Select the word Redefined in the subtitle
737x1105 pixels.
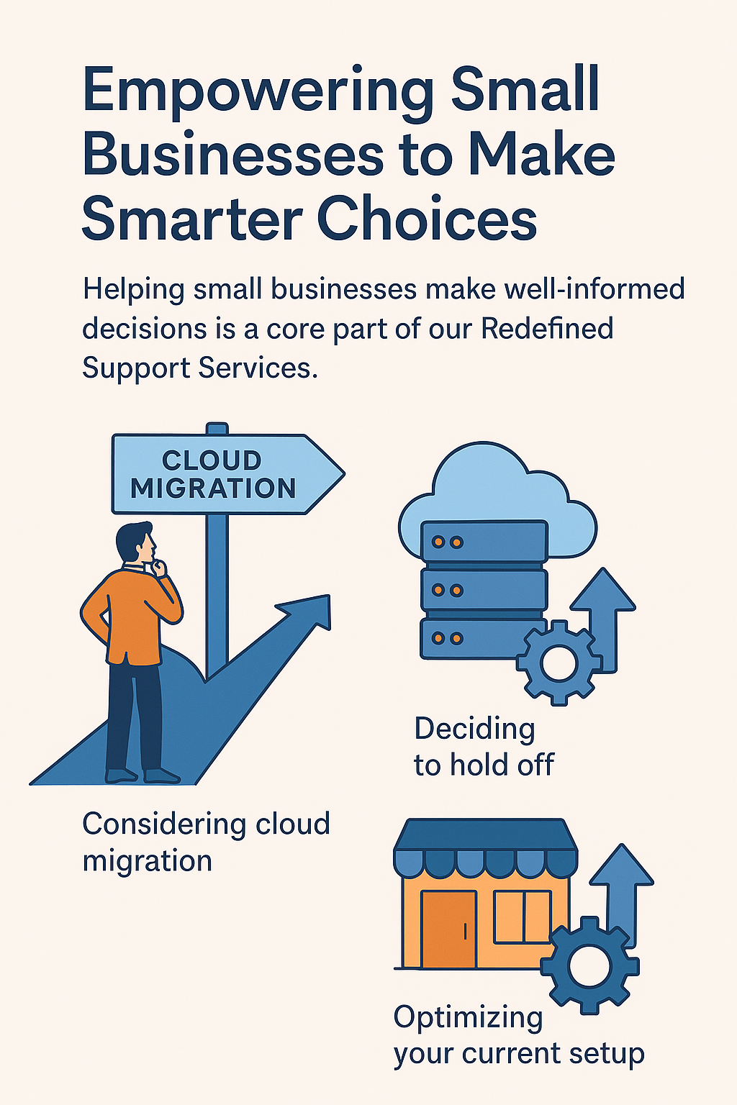coord(547,329)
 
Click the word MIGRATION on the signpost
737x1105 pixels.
coord(213,488)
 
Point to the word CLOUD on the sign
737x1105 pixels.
coord(212,460)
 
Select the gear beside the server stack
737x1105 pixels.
coord(559,662)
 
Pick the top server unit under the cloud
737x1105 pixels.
coord(484,542)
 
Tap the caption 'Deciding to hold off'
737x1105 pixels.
coord(484,747)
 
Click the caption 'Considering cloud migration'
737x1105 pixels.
coord(206,842)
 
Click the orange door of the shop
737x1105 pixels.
coord(448,929)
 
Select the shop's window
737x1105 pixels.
coord(523,917)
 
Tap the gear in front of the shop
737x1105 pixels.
coord(589,965)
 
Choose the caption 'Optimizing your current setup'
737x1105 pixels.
coord(518,1036)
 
